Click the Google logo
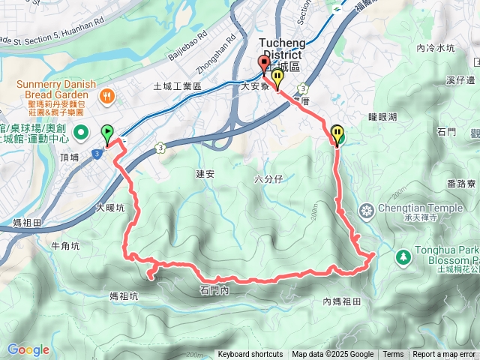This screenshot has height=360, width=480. point(28,349)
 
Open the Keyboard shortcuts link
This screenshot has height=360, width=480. point(250,355)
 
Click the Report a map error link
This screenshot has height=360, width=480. point(445,355)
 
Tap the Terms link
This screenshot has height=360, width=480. point(393,355)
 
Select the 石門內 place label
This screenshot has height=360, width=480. point(214,289)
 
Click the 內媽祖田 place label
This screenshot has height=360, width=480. point(343,301)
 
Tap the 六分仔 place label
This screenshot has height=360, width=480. point(268,179)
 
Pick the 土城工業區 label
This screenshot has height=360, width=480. point(177,87)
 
